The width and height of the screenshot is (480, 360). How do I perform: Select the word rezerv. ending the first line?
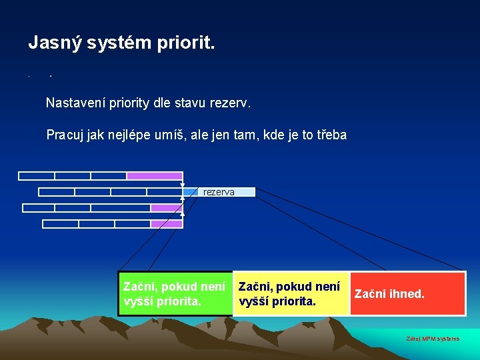click(231, 103)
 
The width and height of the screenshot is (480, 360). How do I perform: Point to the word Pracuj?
click(65, 135)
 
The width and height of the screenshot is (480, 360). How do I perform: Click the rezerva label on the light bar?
click(219, 192)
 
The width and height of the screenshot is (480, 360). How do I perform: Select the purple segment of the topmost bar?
click(154, 176)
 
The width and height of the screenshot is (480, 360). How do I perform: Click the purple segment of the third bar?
click(166, 208)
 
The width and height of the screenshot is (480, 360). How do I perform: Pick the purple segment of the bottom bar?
click(166, 224)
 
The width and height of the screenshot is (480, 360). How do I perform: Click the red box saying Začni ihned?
click(407, 293)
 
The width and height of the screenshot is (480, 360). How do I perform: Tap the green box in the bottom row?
click(175, 293)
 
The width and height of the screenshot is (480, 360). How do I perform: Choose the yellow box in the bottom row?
click(291, 293)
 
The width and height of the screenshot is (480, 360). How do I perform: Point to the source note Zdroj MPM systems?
click(433, 339)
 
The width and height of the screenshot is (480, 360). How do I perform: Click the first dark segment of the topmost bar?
click(37, 176)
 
